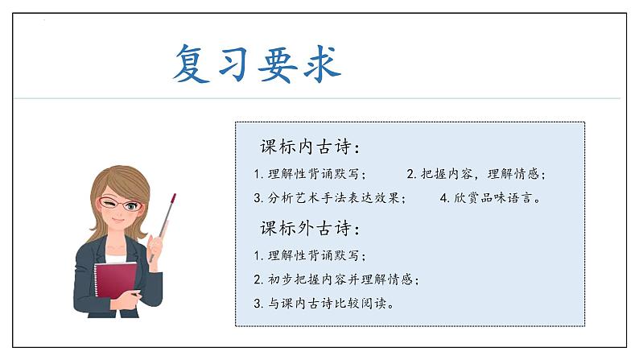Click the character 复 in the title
click(x=194, y=65)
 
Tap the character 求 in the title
click(x=320, y=65)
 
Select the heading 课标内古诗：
click(x=310, y=148)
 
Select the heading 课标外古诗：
click(x=310, y=228)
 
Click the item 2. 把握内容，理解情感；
click(x=480, y=174)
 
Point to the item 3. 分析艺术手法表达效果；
click(x=329, y=197)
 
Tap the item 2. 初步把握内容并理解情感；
click(x=336, y=279)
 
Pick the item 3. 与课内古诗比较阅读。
click(x=323, y=304)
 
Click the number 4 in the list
click(x=443, y=197)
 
